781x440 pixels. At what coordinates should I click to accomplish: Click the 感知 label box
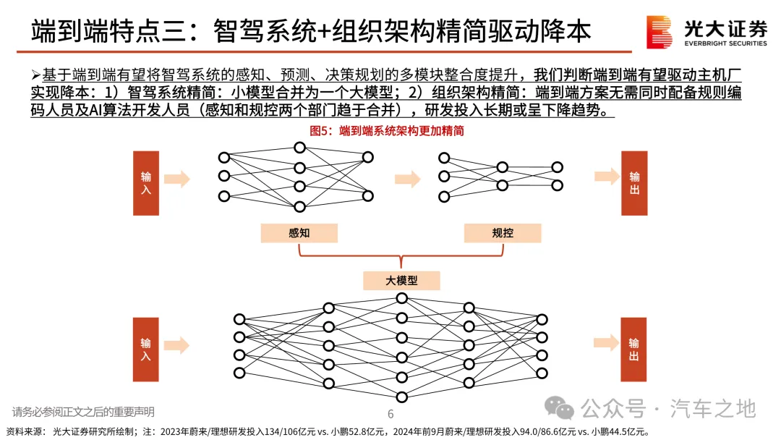click(x=299, y=233)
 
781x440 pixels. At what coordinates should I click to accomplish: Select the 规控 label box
click(x=502, y=233)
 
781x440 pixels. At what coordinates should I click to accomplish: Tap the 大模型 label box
click(x=401, y=281)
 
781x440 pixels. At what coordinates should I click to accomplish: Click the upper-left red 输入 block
click(x=146, y=183)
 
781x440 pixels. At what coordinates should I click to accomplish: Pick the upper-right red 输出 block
click(x=634, y=183)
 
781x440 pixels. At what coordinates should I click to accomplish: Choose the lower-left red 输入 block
click(x=145, y=350)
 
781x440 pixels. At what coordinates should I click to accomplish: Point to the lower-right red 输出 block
click(x=633, y=350)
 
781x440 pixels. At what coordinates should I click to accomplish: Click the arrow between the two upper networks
click(x=407, y=179)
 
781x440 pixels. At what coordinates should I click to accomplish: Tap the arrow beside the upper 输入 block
click(x=177, y=179)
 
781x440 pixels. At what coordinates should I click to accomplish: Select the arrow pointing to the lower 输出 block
click(x=606, y=343)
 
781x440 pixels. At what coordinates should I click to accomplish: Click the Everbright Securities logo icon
click(x=659, y=32)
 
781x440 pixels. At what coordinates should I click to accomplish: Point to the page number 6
click(x=390, y=414)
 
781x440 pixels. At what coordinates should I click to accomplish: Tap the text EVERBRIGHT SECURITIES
click(x=726, y=43)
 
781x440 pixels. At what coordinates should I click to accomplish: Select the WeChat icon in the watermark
click(x=559, y=408)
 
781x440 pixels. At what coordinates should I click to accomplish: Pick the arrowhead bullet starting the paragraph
click(x=36, y=75)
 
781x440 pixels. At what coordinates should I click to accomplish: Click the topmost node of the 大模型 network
click(x=402, y=298)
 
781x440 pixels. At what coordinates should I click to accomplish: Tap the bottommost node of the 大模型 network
click(x=402, y=397)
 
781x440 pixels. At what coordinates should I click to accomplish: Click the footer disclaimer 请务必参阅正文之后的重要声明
click(x=83, y=412)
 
